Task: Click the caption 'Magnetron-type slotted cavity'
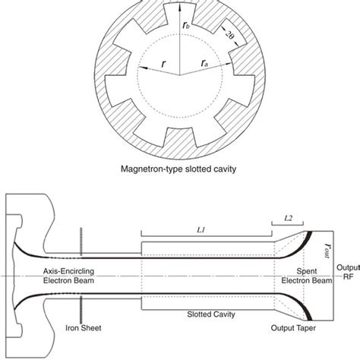pyautogui.click(x=180, y=169)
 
